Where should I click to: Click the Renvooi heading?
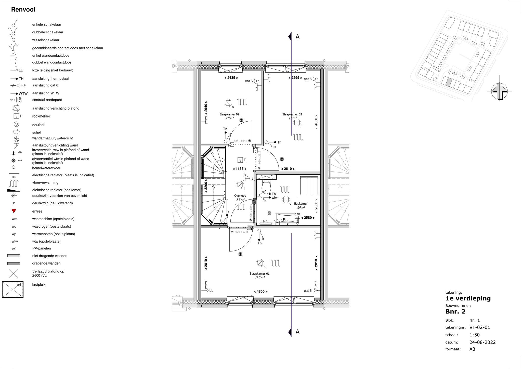click(x=23, y=10)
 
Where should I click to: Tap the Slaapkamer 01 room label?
click(x=259, y=274)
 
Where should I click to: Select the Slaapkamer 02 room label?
click(x=229, y=114)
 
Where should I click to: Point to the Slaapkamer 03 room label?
click(x=292, y=114)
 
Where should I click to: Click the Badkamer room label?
click(x=301, y=204)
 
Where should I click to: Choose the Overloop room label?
click(x=240, y=196)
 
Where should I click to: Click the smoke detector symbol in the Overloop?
click(x=240, y=160)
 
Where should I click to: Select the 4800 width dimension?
click(x=260, y=292)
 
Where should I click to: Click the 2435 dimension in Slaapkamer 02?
click(x=231, y=78)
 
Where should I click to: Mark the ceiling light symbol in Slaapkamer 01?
click(x=260, y=263)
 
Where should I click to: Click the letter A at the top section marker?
click(x=297, y=37)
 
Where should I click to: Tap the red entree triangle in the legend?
click(x=14, y=211)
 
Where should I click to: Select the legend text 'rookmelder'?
click(x=41, y=116)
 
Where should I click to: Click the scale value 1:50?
click(x=475, y=335)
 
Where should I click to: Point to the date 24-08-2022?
click(x=482, y=342)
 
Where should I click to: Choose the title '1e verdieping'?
click(x=468, y=298)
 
